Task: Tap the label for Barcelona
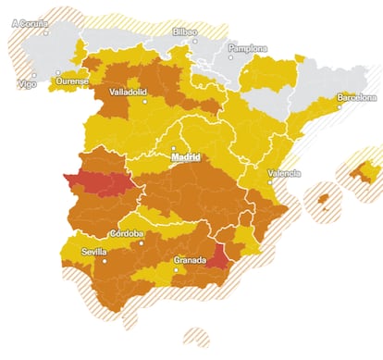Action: coord(356,96)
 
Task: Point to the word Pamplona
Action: coord(248,48)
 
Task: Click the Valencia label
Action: coord(284,173)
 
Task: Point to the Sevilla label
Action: coord(93,251)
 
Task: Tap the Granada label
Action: coord(189,260)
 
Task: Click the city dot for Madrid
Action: coord(174,148)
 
